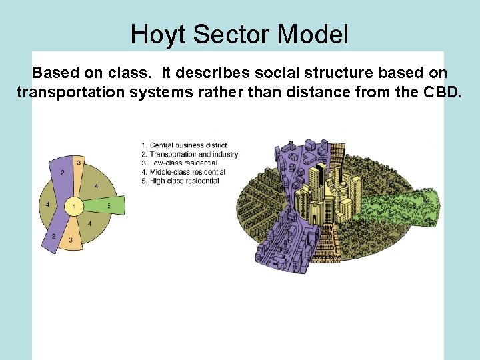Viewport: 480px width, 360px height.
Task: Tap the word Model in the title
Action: click(313, 35)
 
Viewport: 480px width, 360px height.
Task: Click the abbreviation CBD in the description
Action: click(440, 92)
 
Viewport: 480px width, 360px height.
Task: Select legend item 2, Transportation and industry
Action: click(190, 154)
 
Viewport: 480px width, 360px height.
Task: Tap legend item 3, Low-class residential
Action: click(179, 163)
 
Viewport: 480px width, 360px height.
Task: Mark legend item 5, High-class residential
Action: click(181, 181)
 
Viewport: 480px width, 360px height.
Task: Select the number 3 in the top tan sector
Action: click(79, 163)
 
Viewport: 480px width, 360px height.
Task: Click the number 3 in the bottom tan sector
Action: click(71, 239)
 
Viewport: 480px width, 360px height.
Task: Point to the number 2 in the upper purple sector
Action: click(62, 173)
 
